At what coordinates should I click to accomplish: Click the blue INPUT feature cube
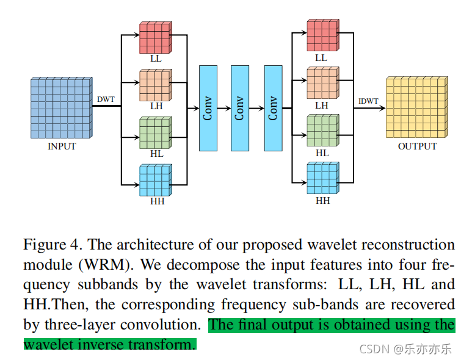pos(62,107)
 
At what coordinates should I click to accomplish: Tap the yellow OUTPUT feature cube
pos(417,107)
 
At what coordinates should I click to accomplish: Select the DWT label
pos(106,99)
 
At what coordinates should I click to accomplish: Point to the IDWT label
pos(368,101)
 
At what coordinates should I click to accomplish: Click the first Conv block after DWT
pos(208,108)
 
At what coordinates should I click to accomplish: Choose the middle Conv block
pos(240,108)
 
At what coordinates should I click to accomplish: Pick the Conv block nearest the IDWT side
pos(273,108)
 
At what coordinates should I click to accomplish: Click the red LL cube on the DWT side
pos(156,37)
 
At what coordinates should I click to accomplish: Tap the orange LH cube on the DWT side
pos(156,85)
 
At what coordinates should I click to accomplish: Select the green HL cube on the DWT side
pos(156,132)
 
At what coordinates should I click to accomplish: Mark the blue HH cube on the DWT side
pos(156,180)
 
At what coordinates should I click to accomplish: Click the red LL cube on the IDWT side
pos(323,35)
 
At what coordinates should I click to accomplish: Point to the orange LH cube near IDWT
pos(323,82)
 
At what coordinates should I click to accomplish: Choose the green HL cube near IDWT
pos(323,130)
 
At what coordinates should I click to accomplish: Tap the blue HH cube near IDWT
pos(323,178)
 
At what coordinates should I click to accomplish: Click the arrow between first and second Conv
pos(224,109)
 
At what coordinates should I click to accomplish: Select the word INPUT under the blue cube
pos(62,146)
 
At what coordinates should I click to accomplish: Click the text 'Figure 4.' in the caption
pos(52,245)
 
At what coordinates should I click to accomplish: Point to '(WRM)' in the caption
pos(106,265)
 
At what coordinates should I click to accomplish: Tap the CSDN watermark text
pos(405,349)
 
